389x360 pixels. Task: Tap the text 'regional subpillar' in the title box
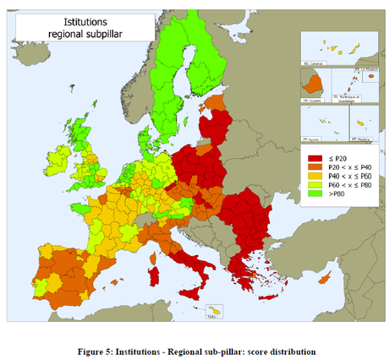point(83,35)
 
